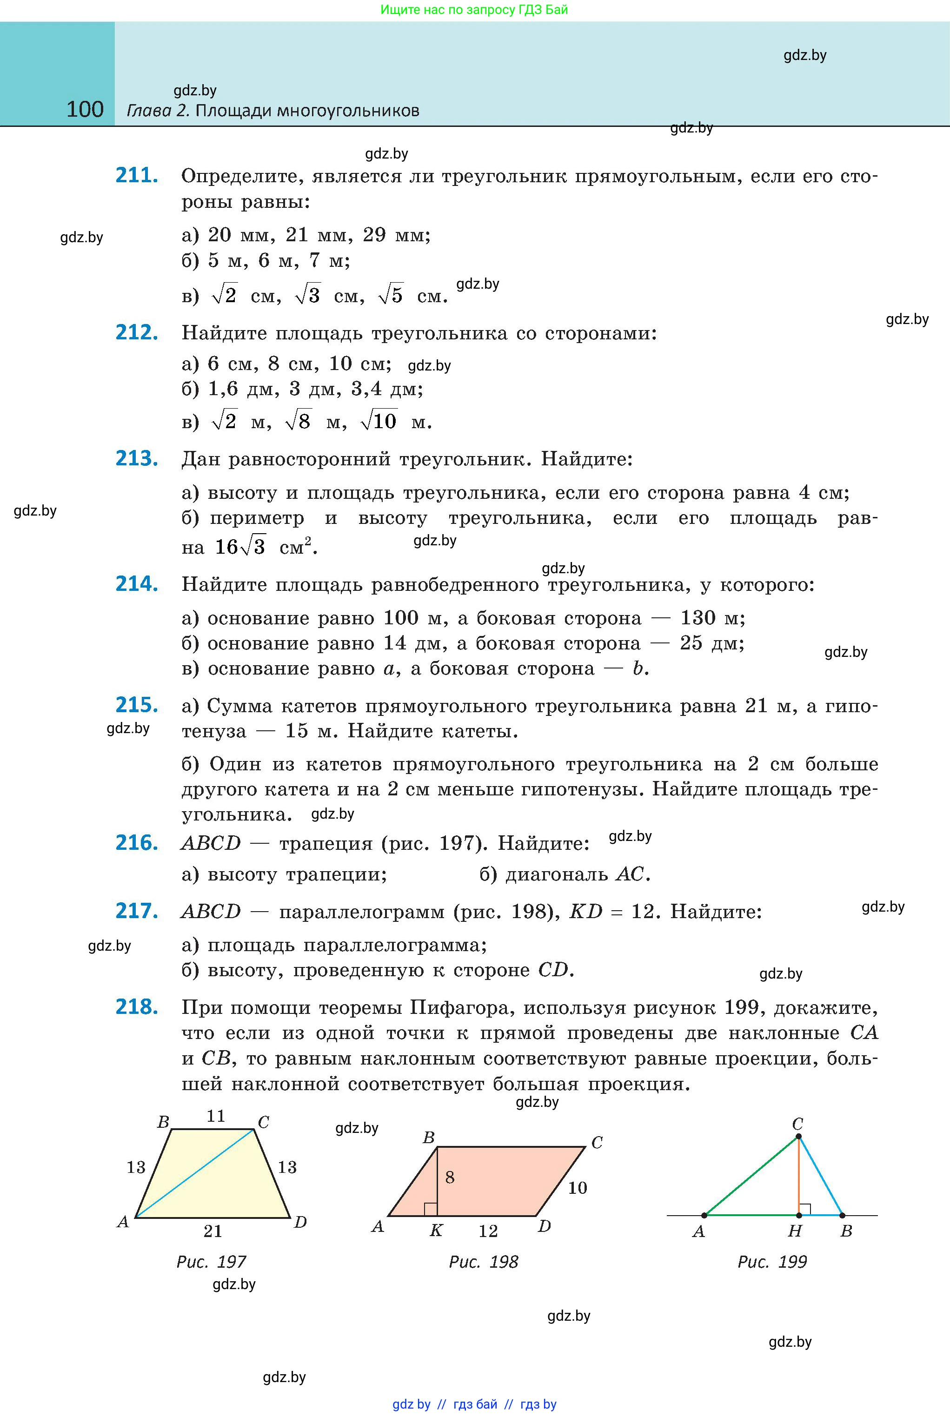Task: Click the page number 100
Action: point(85,110)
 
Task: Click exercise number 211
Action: point(137,176)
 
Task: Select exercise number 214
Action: point(137,584)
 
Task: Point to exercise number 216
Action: point(137,842)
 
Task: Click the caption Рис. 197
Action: point(211,1262)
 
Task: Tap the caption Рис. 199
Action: point(772,1262)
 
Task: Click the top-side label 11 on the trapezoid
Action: point(216,1116)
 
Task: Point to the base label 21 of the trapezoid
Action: point(213,1231)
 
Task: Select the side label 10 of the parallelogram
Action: point(578,1188)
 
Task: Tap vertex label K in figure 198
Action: point(436,1230)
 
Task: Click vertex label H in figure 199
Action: point(795,1231)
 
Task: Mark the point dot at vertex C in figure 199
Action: point(798,1136)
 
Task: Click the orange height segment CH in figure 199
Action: point(798,1175)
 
